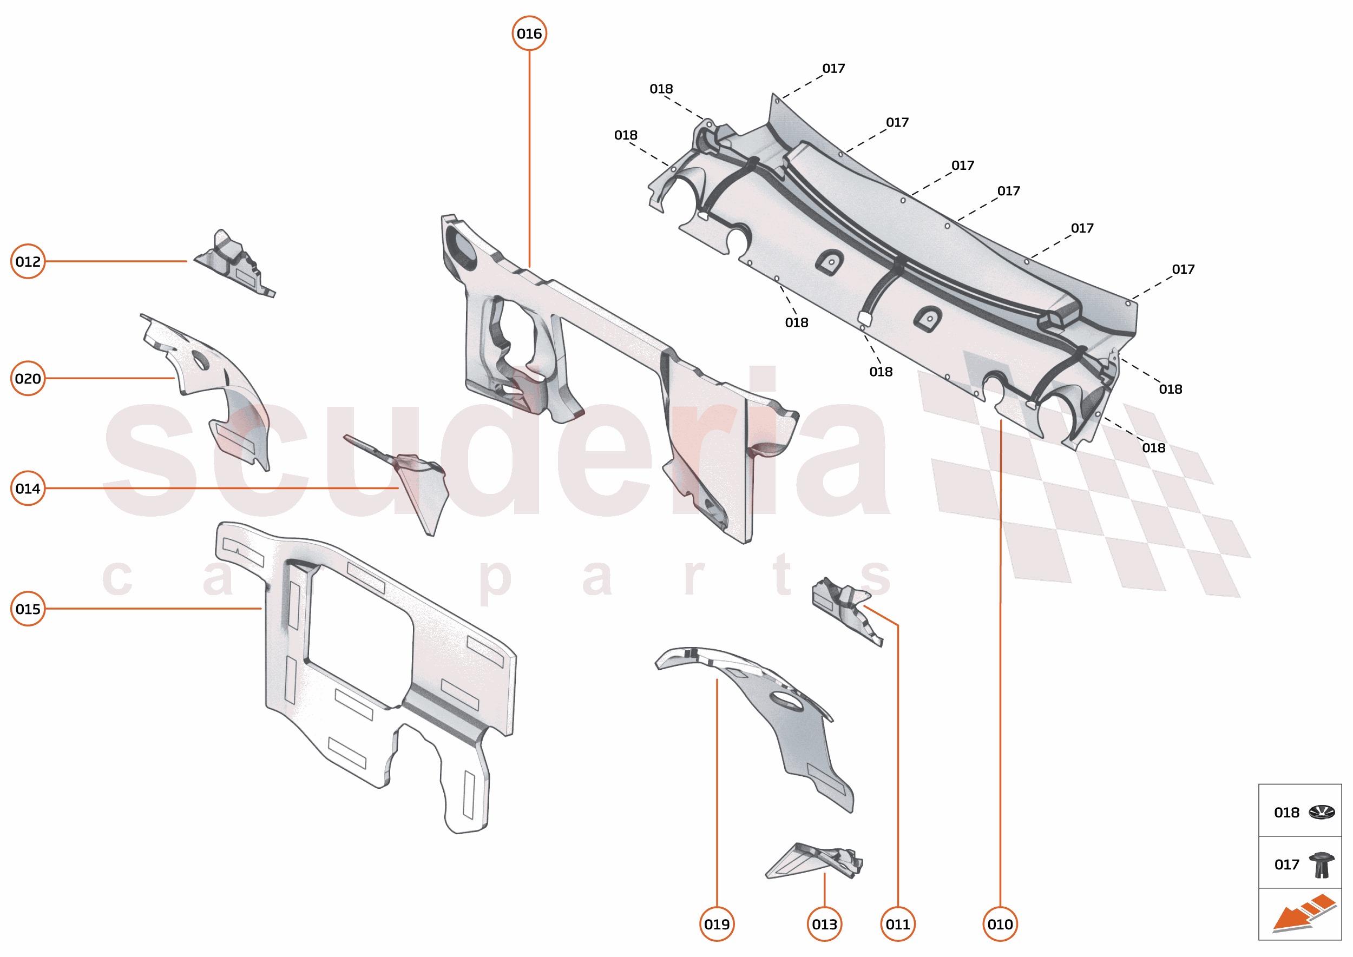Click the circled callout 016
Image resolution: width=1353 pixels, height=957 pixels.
coord(529,34)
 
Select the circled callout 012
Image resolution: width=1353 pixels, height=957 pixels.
coord(28,261)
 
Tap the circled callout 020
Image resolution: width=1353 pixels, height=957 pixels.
coord(28,378)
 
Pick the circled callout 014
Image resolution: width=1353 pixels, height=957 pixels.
coord(28,489)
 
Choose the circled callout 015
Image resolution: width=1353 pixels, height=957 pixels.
coord(28,609)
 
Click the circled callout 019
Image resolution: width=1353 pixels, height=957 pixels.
coord(717,924)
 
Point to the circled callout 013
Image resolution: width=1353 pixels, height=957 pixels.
coord(824,924)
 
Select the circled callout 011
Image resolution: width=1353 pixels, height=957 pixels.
coord(897,924)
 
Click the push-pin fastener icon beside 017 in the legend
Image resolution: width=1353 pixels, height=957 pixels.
coord(1321,864)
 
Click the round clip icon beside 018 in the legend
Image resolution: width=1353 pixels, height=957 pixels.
coord(1321,813)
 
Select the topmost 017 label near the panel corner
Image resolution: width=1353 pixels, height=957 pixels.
coord(833,68)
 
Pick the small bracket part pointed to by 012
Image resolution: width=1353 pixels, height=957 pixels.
coord(235,264)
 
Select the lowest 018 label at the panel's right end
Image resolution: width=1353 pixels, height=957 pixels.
coord(1153,448)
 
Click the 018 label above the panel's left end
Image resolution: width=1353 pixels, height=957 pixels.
coord(661,89)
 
